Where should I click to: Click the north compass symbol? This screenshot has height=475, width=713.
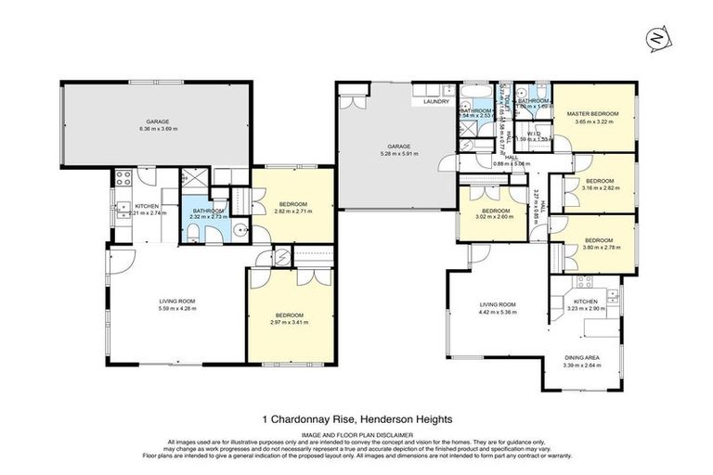coord(656,40)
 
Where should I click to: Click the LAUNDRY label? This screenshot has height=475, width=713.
coord(436,102)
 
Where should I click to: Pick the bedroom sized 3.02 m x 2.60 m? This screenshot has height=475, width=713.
coord(491,216)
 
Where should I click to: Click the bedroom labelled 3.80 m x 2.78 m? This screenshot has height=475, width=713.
coord(594,244)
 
